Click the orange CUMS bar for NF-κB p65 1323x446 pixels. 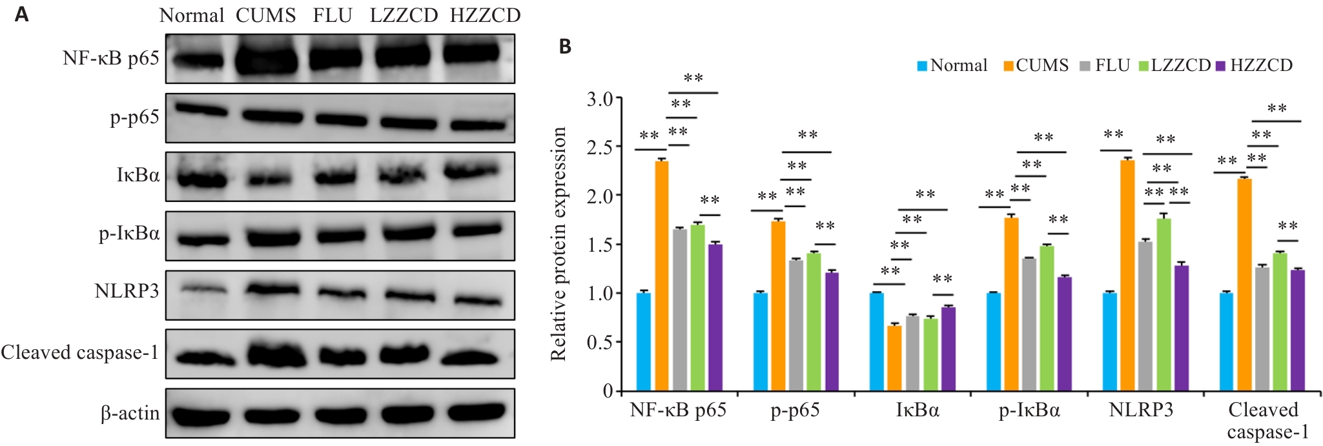[x=662, y=276]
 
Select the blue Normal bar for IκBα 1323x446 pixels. [x=877, y=342]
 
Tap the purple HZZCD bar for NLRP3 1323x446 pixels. [x=1182, y=329]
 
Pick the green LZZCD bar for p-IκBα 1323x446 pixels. [x=1047, y=319]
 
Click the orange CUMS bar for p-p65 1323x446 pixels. [x=778, y=307]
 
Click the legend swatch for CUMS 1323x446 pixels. [x=1009, y=66]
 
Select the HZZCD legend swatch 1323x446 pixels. [x=1220, y=66]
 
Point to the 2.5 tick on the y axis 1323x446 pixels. [x=618, y=147]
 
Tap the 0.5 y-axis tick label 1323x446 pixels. [x=599, y=342]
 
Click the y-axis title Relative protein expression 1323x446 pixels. [x=558, y=244]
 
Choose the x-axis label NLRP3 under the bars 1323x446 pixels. [x=1141, y=410]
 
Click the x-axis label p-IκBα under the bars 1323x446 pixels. [x=1029, y=411]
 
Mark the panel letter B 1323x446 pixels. [x=565, y=47]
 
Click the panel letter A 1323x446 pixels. [x=21, y=14]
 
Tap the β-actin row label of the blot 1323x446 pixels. [x=130, y=413]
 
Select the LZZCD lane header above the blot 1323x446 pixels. [x=404, y=15]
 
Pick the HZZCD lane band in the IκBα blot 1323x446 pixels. [x=472, y=171]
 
